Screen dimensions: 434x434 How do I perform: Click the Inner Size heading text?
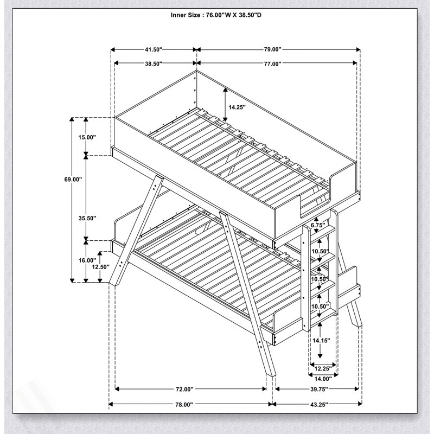coord(216,15)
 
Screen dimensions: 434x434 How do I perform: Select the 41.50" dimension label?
coord(153,49)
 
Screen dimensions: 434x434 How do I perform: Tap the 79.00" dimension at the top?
coord(272,49)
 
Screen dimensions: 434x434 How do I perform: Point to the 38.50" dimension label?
coord(153,63)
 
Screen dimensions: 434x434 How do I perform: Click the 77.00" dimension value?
coord(272,64)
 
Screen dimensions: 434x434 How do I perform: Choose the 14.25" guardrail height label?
coord(237,107)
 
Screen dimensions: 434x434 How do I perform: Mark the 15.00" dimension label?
coord(87,137)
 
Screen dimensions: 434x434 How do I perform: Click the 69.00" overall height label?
coord(73,180)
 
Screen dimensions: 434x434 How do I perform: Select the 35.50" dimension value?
coord(87,218)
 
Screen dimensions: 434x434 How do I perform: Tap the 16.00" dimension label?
coord(87,260)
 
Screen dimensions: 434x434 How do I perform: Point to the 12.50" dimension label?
coord(101,266)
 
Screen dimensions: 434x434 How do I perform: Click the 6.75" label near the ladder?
coord(318,225)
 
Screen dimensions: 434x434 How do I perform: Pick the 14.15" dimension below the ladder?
coord(321,341)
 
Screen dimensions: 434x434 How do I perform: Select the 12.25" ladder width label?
coord(323,368)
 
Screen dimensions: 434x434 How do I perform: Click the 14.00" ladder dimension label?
coord(323,379)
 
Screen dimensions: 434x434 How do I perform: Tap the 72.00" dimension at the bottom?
coord(184,389)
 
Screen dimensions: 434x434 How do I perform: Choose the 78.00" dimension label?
coord(184,405)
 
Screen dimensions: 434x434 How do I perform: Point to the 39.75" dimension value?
coord(319,389)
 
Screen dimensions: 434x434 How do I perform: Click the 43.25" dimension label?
coord(319,405)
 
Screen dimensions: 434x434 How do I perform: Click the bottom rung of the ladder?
coord(322,316)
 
